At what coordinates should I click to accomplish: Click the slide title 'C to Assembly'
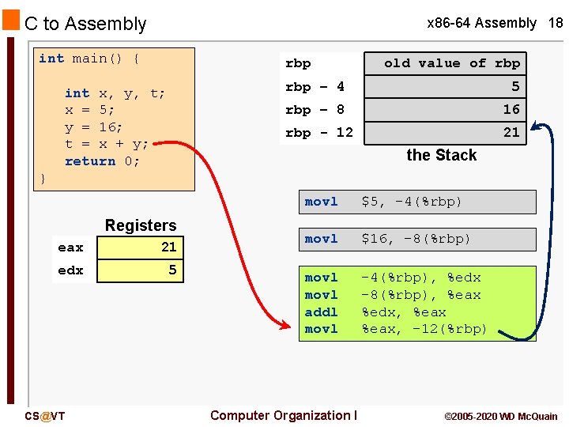85,25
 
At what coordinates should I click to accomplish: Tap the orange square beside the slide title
10,21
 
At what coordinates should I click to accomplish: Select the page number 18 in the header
556,23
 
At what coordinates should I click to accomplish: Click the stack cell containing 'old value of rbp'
451,63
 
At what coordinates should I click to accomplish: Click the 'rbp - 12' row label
318,132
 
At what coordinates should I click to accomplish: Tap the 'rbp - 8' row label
315,109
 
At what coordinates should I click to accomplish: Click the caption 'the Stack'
441,155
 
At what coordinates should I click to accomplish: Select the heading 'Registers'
141,225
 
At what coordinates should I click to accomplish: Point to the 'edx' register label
70,270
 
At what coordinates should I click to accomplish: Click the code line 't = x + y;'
107,144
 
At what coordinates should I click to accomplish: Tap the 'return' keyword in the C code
89,161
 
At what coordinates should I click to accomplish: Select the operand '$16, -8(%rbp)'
416,239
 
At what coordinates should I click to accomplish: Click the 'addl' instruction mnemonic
321,312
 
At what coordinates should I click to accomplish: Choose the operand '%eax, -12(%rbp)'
424,329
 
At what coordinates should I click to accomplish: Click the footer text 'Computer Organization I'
284,415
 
